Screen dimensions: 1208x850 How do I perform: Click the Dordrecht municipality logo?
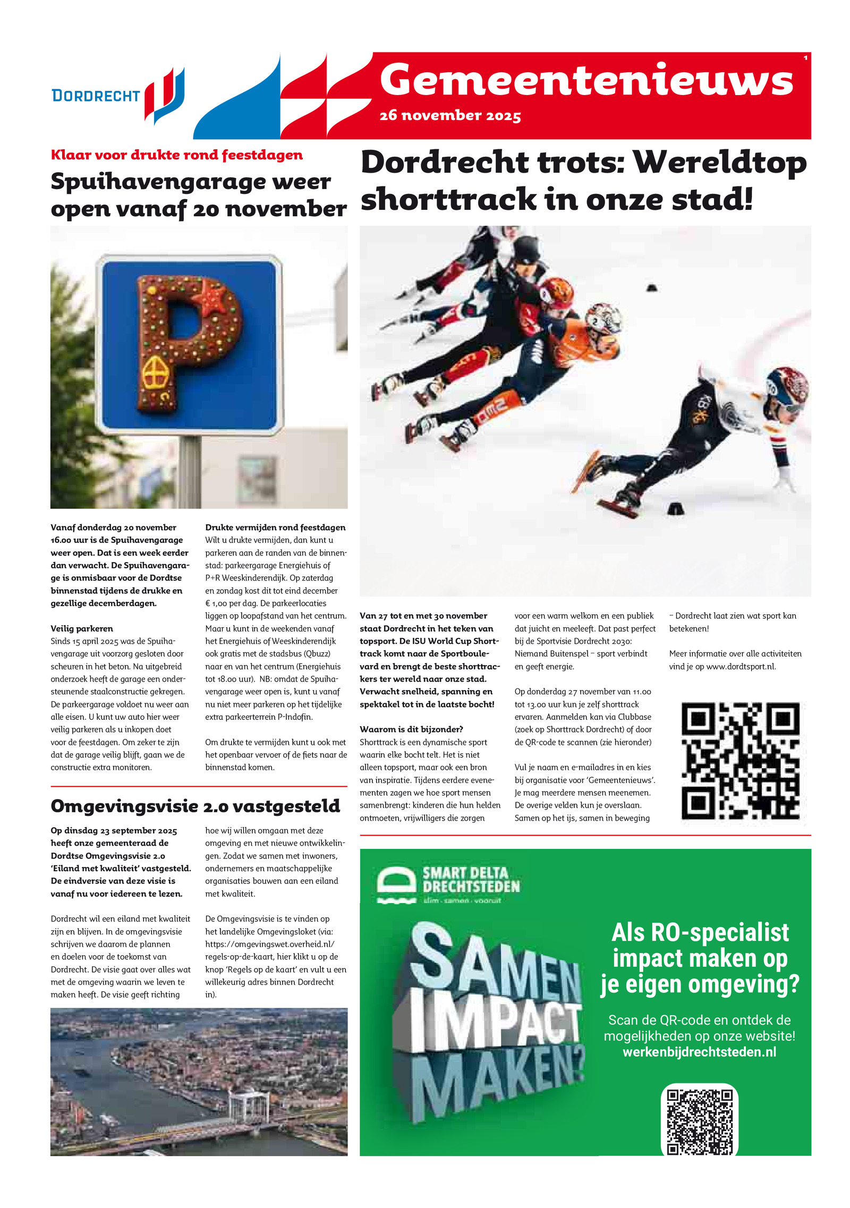(x=118, y=96)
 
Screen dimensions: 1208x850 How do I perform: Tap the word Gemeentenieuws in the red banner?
(x=586, y=80)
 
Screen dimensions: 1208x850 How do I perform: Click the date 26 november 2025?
(x=450, y=115)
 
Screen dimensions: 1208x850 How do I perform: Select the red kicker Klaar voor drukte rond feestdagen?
(x=176, y=155)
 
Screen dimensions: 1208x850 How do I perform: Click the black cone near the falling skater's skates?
(x=675, y=508)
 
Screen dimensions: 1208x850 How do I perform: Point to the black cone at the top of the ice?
(x=652, y=288)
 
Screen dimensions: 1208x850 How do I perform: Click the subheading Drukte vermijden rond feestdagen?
(x=275, y=528)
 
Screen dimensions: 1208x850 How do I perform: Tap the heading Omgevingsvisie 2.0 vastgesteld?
(x=195, y=806)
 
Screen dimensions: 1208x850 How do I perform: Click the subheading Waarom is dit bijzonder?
(x=411, y=729)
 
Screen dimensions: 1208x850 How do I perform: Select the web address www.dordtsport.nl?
(x=741, y=667)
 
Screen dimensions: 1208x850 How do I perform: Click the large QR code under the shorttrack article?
(x=740, y=760)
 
